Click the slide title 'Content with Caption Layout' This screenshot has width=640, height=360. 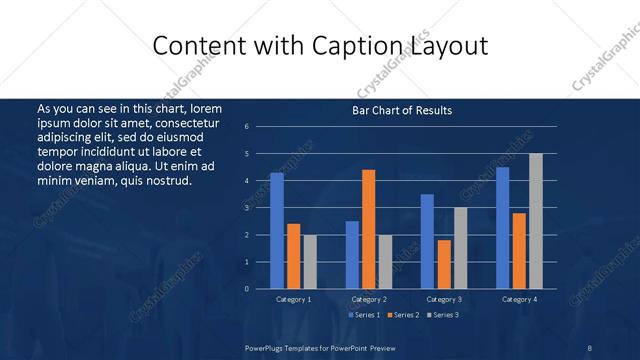(320, 45)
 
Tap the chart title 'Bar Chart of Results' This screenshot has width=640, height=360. (402, 110)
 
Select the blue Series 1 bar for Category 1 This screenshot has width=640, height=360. (277, 231)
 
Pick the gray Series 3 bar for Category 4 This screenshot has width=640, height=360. (535, 221)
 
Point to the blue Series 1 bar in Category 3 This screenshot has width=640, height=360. (427, 241)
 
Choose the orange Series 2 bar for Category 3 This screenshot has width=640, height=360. (444, 264)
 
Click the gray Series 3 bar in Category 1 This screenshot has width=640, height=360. (310, 262)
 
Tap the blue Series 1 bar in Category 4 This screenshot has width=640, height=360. (502, 228)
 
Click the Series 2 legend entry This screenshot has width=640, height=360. (404, 315)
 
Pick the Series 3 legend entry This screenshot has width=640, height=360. (443, 315)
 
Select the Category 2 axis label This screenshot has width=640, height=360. (368, 300)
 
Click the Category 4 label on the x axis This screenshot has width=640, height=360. (518, 300)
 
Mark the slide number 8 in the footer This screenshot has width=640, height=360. (590, 347)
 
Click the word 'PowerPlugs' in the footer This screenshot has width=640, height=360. (265, 347)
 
